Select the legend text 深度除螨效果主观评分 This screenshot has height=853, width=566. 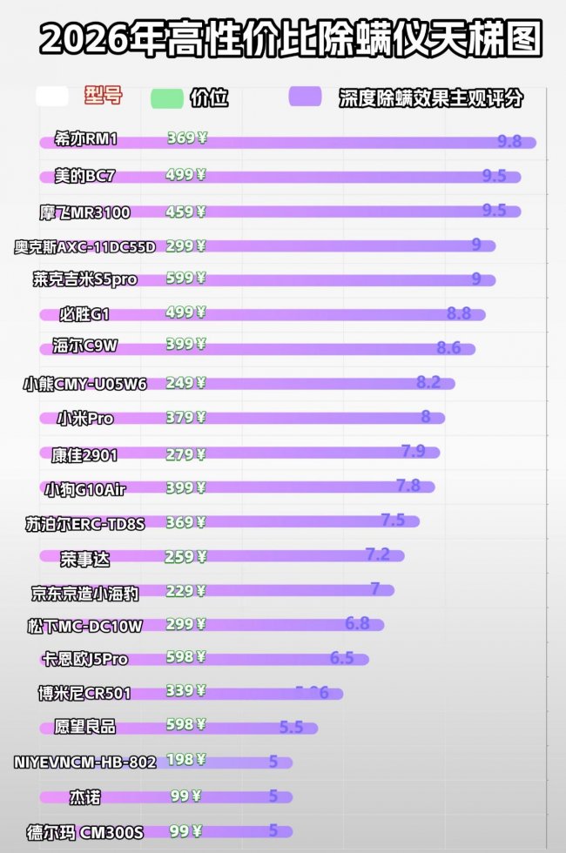pyautogui.click(x=431, y=98)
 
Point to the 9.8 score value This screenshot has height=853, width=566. pyautogui.click(x=509, y=141)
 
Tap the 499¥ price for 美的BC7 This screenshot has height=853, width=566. pyautogui.click(x=185, y=175)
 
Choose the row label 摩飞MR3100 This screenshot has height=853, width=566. pyautogui.click(x=84, y=212)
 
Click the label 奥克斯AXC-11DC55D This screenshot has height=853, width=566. pyautogui.click(x=85, y=246)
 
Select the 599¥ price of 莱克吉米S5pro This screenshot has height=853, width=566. pyautogui.click(x=185, y=279)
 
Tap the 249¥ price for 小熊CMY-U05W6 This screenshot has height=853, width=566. pyautogui.click(x=185, y=382)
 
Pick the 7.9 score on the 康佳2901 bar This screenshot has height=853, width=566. pyautogui.click(x=413, y=451)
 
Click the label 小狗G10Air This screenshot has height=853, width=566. pyautogui.click(x=85, y=488)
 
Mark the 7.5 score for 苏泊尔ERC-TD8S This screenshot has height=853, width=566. pyautogui.click(x=393, y=520)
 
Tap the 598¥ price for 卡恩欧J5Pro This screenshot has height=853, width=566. pyautogui.click(x=185, y=657)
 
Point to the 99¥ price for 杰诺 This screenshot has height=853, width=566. pyautogui.click(x=185, y=796)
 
